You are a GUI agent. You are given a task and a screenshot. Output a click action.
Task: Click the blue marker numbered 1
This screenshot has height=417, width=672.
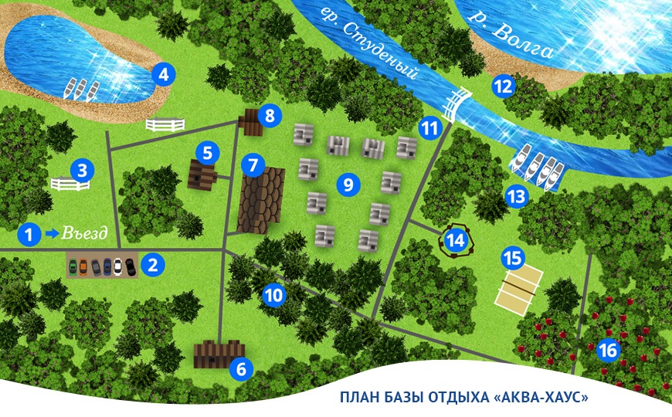click(x=29, y=233)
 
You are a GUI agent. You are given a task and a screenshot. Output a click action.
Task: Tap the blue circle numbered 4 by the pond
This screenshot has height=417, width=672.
click(x=163, y=75)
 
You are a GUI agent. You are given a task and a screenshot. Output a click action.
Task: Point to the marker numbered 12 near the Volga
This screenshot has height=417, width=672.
click(x=504, y=86)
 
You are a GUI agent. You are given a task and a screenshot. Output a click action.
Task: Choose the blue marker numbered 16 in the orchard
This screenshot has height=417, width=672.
click(x=609, y=350)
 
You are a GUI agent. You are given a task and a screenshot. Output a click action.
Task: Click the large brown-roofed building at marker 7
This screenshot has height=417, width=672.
click(x=261, y=202)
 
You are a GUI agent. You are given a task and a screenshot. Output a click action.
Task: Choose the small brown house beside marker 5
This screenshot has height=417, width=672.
click(x=202, y=175)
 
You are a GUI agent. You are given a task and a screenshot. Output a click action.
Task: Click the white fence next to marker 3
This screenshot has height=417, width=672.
click(x=70, y=184)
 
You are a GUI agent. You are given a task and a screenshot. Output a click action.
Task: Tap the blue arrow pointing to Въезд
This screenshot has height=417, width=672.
click(x=53, y=233)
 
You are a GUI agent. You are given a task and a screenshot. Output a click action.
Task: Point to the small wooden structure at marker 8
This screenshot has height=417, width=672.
click(x=251, y=120)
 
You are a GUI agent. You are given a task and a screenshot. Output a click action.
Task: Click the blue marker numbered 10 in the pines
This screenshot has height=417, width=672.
click(x=273, y=293)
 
